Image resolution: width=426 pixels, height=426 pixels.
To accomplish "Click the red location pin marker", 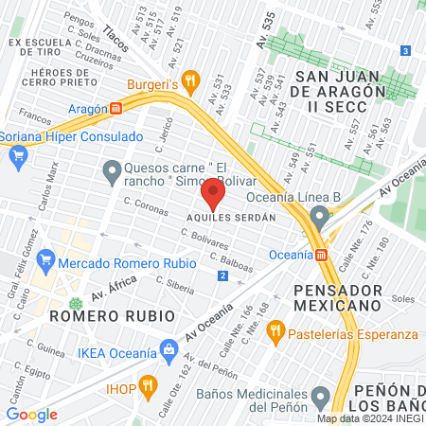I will (213, 195).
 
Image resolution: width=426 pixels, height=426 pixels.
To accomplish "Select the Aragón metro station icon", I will (115, 109).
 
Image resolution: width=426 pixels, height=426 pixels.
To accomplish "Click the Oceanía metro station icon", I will (322, 254).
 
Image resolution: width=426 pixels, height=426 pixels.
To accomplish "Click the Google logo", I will (32, 414).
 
